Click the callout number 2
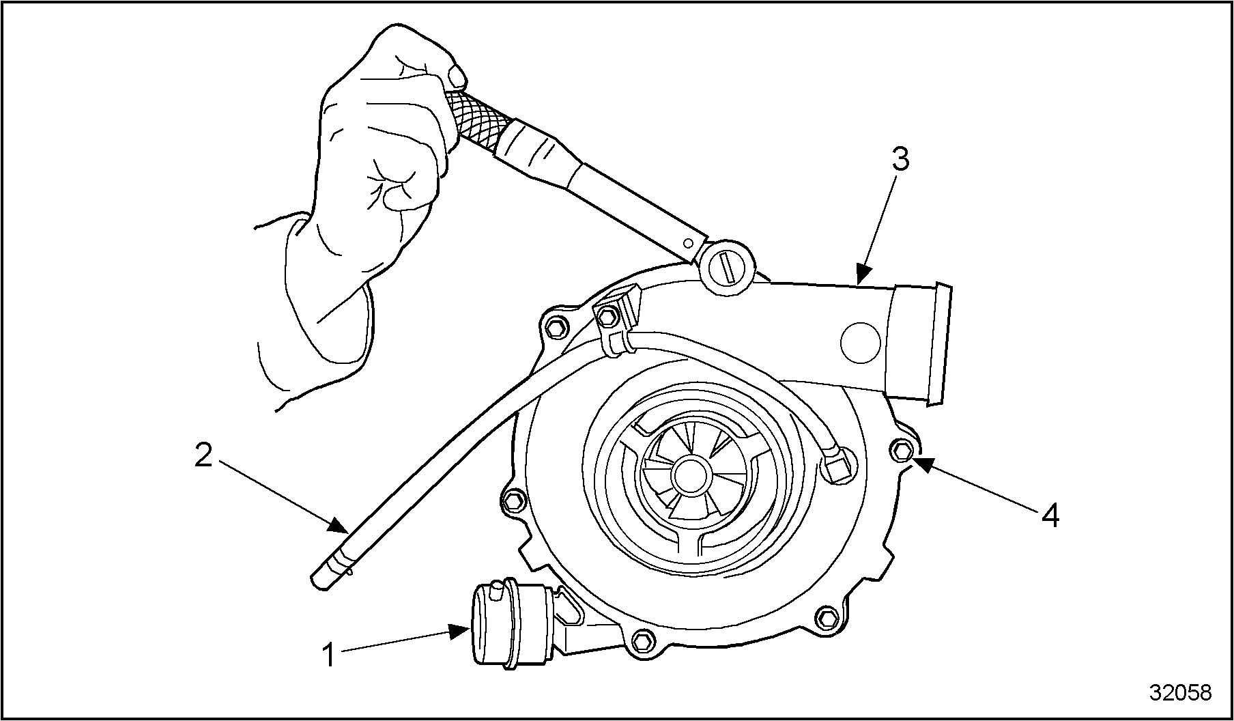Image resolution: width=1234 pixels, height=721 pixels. [203, 456]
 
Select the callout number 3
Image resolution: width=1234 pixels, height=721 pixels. [900, 159]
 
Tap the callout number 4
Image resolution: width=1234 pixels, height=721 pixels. [1050, 515]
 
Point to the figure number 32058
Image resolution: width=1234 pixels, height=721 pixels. [1180, 693]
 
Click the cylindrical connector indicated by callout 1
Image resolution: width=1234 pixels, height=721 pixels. [508, 624]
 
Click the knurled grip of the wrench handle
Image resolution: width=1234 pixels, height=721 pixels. [476, 117]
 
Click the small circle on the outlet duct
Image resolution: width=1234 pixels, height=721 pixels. [861, 343]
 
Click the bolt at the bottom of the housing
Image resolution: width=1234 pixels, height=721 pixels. [641, 641]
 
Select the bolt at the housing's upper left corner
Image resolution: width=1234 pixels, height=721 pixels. [554, 327]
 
